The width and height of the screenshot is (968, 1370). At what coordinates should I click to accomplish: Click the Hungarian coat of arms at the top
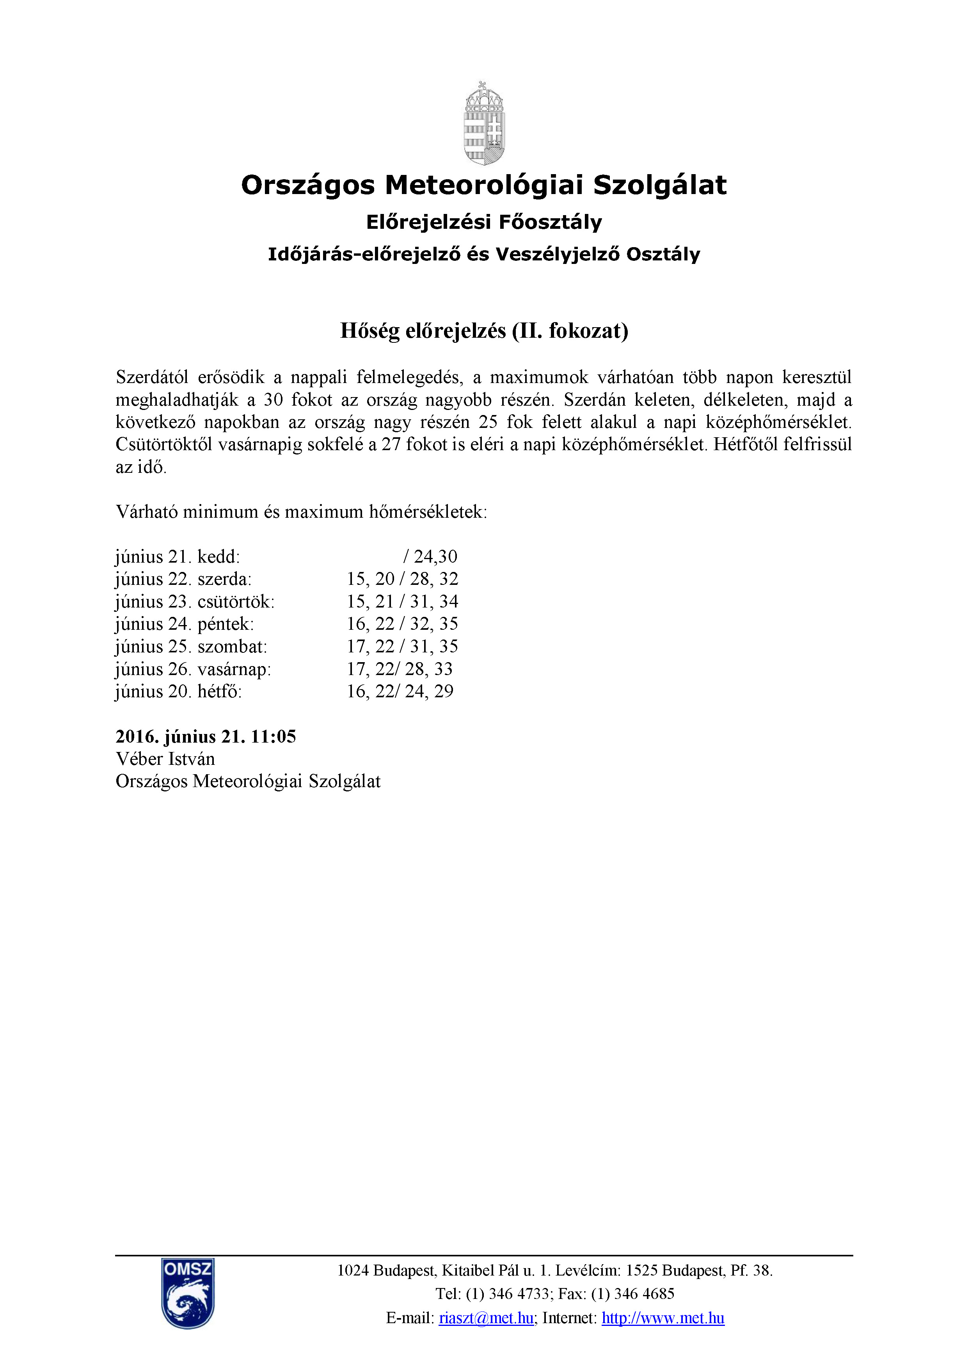click(x=484, y=123)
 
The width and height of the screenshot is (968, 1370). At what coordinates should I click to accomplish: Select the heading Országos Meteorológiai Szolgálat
click(x=484, y=185)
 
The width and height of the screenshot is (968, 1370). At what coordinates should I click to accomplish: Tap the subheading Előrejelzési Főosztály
click(x=484, y=222)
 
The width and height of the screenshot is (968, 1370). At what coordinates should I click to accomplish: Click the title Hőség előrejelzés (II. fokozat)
click(x=484, y=331)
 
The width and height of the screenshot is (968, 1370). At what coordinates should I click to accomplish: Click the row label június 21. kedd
click(x=178, y=557)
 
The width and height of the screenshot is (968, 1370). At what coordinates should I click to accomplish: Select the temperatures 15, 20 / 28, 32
click(x=403, y=579)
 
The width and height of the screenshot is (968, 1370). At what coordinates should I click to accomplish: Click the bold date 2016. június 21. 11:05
click(x=206, y=736)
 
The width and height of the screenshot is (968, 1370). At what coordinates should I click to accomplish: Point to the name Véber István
click(x=165, y=759)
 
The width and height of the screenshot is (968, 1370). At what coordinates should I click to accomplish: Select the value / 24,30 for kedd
click(x=430, y=557)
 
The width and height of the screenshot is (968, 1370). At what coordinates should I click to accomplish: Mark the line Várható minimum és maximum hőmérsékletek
click(x=301, y=512)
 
